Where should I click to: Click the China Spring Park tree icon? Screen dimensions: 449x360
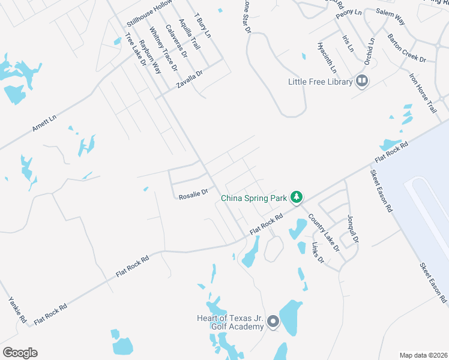click(296, 197)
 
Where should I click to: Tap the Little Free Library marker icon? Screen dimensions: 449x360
click(362, 80)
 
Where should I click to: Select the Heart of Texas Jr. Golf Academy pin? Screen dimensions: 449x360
click(273, 322)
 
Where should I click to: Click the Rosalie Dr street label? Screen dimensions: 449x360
click(193, 193)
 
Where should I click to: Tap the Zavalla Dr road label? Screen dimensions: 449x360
click(190, 79)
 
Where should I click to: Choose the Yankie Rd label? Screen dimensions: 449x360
click(17, 310)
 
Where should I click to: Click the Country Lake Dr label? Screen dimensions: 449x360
click(324, 232)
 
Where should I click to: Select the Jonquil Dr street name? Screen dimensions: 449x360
click(352, 229)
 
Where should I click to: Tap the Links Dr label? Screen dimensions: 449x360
click(318, 253)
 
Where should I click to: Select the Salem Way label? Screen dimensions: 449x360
click(390, 16)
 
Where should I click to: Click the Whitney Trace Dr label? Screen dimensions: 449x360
click(163, 49)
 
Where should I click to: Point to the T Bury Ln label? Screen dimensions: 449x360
click(203, 25)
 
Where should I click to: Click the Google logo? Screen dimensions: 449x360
click(20, 353)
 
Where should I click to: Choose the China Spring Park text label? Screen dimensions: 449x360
click(255, 197)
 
